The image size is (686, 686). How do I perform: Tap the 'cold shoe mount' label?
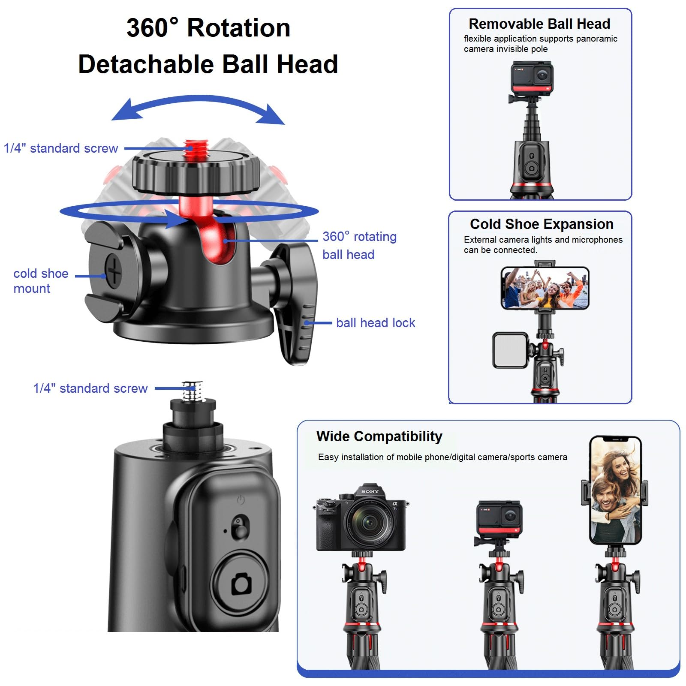40,281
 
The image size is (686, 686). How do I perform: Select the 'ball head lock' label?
375,323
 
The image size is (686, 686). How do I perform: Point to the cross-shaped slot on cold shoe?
114,271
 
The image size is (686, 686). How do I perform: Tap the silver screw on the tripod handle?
192,391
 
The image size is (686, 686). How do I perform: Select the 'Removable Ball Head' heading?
539,24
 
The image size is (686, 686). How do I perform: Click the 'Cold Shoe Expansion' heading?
541,224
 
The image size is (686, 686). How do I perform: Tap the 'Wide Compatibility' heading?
379,436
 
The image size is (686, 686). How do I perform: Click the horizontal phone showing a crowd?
545,288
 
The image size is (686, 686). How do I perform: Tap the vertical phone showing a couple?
615,490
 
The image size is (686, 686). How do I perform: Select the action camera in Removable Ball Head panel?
532,78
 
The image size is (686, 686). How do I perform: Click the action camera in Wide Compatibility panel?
499,518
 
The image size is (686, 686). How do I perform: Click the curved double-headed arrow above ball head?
198,108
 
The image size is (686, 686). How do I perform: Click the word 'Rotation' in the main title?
238,28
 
